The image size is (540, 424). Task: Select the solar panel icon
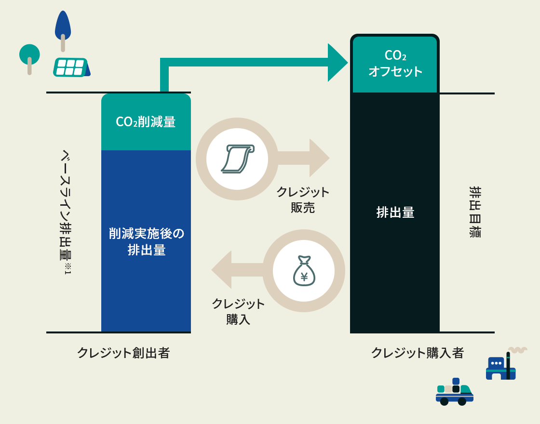(x=71, y=67)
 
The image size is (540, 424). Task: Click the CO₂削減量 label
(x=146, y=122)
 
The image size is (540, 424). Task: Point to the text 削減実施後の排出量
(x=146, y=242)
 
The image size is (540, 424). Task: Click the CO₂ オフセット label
(x=395, y=64)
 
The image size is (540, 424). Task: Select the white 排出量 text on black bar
(x=395, y=212)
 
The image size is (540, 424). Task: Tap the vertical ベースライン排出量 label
(x=66, y=212)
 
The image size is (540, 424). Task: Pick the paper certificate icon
(x=237, y=159)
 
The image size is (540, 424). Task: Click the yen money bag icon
(x=304, y=271)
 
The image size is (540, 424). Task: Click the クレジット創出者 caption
(x=123, y=353)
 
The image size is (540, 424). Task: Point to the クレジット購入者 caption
(x=417, y=353)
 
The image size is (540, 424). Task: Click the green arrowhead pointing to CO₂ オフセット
(x=337, y=63)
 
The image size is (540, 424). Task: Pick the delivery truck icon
(x=454, y=393)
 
